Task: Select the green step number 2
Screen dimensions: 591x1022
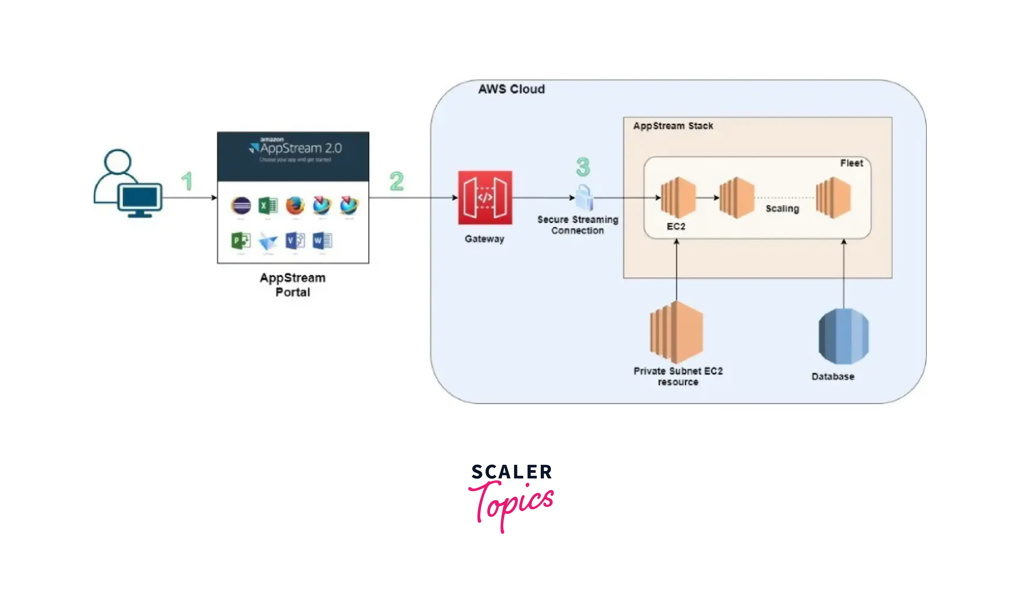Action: pos(397,181)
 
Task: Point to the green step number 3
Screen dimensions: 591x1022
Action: pos(583,167)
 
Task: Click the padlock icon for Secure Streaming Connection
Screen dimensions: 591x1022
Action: pos(584,197)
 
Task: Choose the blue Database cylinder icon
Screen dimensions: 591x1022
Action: pos(843,336)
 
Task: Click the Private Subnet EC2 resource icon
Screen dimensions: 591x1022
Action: pos(676,332)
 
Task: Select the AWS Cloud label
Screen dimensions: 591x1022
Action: pos(511,89)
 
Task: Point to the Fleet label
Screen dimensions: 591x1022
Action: pos(851,163)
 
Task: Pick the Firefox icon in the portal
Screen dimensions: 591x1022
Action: pos(295,205)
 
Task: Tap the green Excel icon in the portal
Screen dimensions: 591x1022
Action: pos(268,205)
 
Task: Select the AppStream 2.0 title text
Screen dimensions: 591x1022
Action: pos(301,148)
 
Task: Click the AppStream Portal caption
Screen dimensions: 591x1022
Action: pos(292,285)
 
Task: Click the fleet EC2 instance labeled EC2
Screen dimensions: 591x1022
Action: pos(678,198)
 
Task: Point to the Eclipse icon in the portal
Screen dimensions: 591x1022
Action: pos(241,205)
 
